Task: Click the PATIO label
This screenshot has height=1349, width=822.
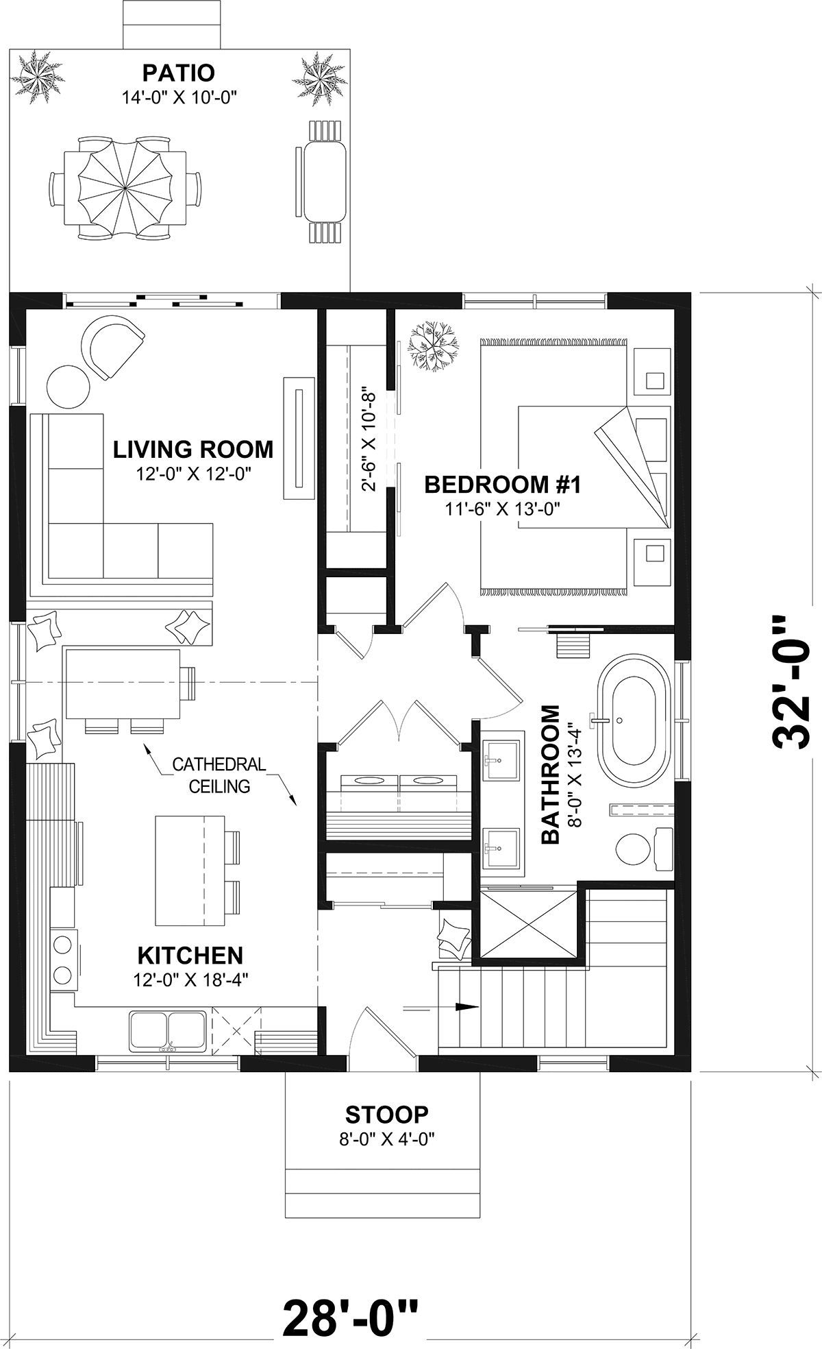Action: coord(178,72)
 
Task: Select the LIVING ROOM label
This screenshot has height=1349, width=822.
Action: coord(193,450)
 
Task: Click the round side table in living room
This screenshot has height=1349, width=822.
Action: coord(68,386)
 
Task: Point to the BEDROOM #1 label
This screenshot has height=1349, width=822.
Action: coord(503,485)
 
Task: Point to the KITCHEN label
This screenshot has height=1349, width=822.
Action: coord(190,955)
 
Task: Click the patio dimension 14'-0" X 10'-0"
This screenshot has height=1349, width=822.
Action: coord(179,97)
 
